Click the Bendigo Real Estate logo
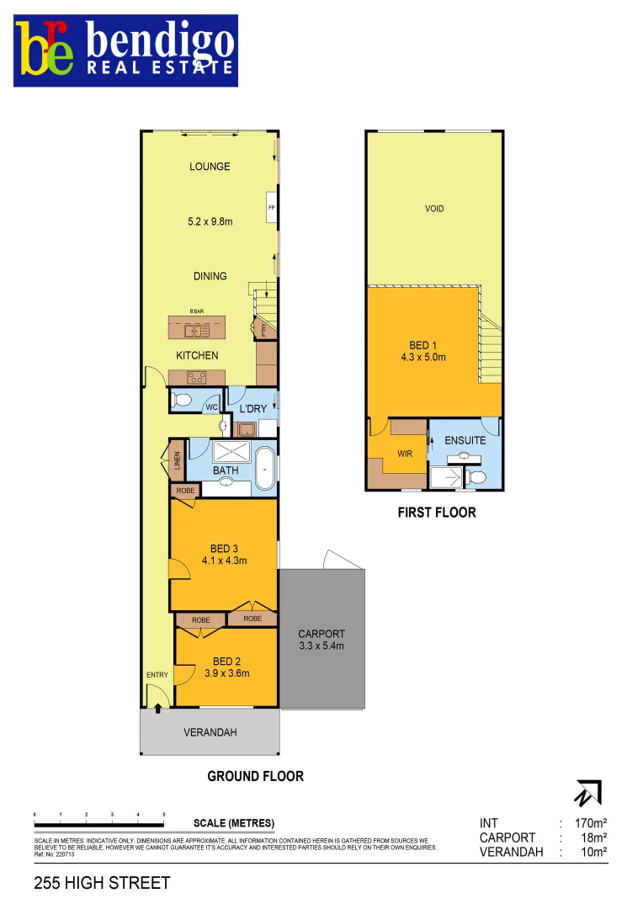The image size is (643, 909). coord(125,50)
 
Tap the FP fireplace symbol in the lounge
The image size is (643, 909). coord(272,208)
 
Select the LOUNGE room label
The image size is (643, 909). coord(210,167)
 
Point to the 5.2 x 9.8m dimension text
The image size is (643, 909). coord(210,222)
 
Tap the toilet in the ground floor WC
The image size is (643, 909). coord(183,401)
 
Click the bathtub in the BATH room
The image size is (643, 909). coord(265,469)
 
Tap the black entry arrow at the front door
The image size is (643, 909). coord(158,710)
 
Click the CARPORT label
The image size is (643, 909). coord(321,634)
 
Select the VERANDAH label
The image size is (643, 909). coord(210,732)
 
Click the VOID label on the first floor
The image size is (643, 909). coord(434,209)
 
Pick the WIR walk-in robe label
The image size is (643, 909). coord(405,454)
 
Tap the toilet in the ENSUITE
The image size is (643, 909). coord(476,477)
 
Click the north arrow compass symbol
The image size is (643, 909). coord(587,793)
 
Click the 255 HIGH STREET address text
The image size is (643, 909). coord(102,883)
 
